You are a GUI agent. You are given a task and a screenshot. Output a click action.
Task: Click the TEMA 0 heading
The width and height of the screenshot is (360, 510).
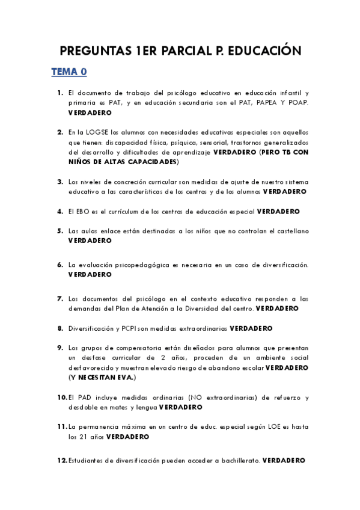coord(69,72)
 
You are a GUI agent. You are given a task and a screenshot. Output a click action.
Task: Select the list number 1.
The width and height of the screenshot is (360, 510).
coord(60,93)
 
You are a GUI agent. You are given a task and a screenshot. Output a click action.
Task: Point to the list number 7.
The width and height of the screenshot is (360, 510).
coord(60,298)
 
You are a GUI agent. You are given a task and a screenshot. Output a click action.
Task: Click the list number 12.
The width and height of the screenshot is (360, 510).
coord(61,460)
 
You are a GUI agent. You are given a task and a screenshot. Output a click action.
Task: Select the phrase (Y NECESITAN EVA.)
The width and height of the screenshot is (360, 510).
coord(102,377)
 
